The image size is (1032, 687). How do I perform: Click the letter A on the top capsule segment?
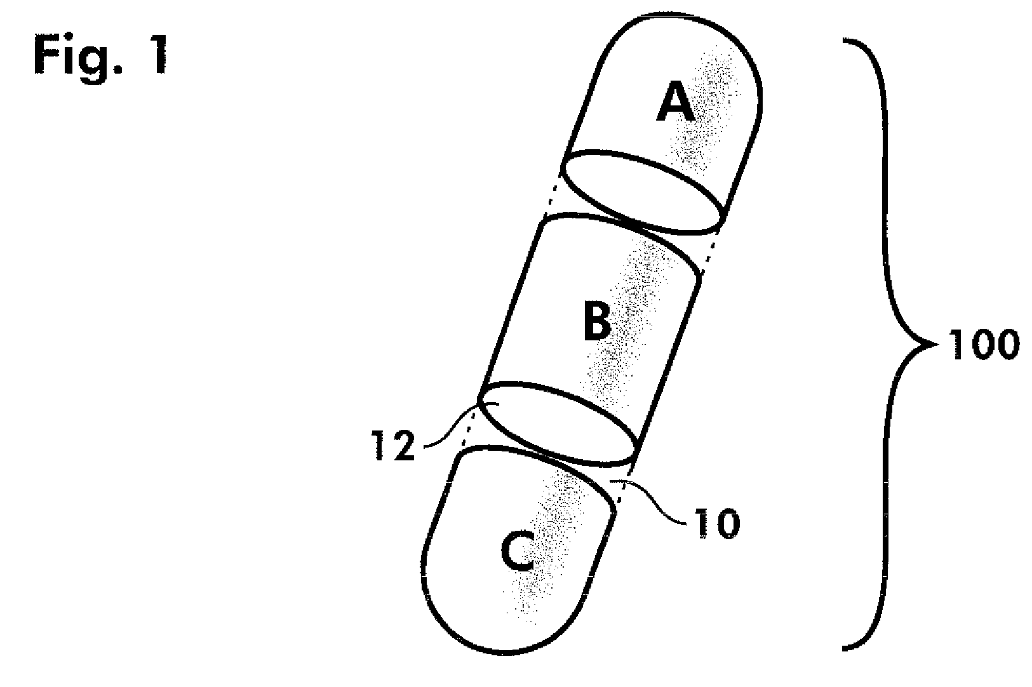click(675, 102)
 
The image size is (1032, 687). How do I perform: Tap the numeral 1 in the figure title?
click(159, 54)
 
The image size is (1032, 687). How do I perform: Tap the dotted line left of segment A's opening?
click(551, 194)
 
